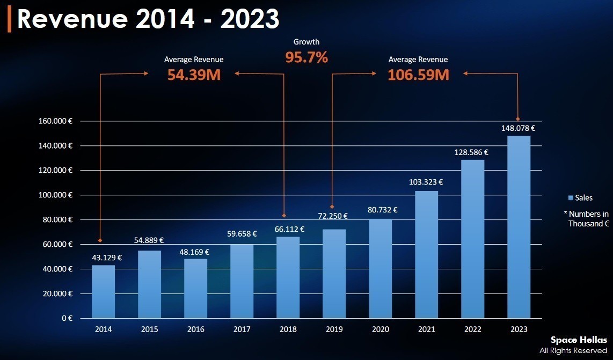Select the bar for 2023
click(519, 226)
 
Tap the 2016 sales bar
click(195, 289)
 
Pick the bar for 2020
click(380, 268)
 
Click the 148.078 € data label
click(519, 128)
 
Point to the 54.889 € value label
click(149, 240)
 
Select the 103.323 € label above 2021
click(426, 182)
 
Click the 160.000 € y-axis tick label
click(56, 121)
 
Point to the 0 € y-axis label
click(67, 318)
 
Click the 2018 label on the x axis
click(288, 329)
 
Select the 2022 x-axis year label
click(472, 329)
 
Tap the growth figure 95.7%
click(306, 57)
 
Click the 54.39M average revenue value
click(194, 75)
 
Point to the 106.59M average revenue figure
click(418, 75)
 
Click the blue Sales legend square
click(570, 198)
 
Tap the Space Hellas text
click(579, 340)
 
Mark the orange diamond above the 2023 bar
click(518, 119)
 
